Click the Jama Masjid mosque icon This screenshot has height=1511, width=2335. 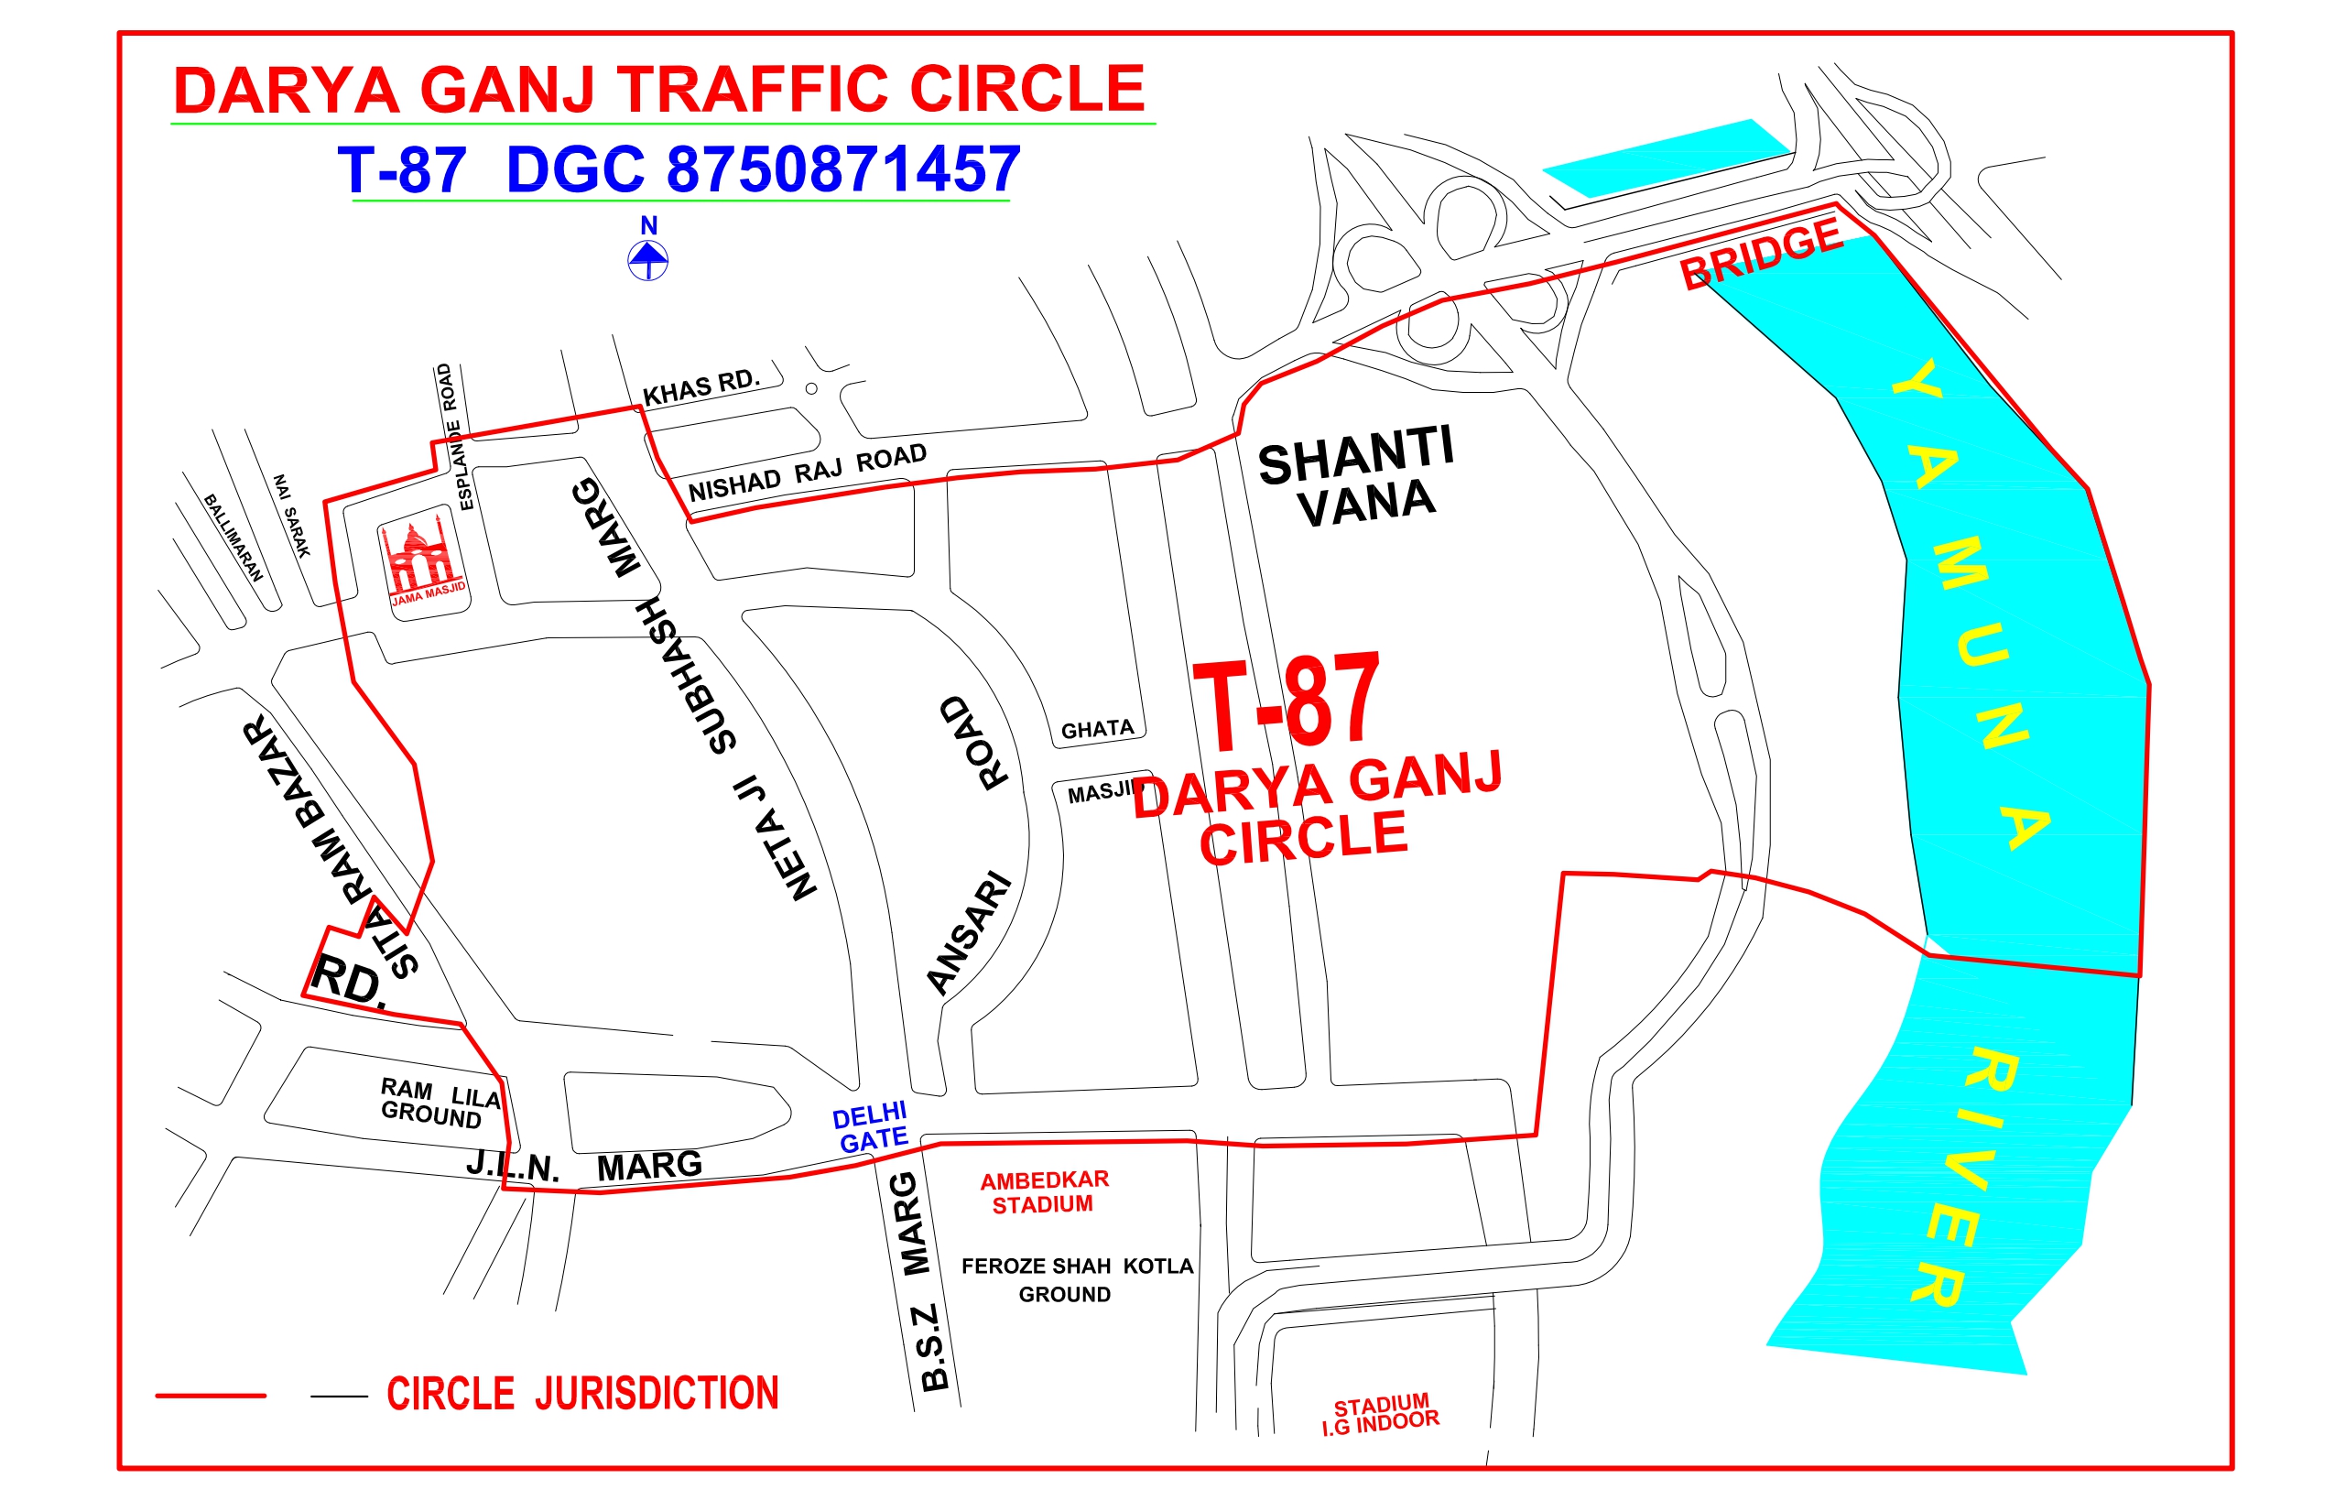(x=423, y=560)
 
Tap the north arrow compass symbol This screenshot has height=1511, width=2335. (x=647, y=259)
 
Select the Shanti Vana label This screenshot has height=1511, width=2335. (x=1357, y=478)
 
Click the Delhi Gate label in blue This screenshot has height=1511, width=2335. (x=870, y=1127)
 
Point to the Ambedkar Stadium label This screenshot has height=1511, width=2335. (x=1044, y=1192)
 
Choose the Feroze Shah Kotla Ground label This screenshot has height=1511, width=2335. (x=1076, y=1279)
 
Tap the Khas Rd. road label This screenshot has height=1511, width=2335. (x=700, y=386)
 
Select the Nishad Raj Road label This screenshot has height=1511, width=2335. (x=808, y=473)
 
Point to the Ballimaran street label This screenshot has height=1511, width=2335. (x=233, y=538)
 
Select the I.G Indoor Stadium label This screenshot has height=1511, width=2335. (x=1381, y=1414)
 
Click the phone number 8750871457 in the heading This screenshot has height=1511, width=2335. (x=843, y=169)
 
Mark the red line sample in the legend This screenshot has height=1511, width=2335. (x=211, y=1396)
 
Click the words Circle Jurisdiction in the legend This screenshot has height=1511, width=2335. (x=582, y=1394)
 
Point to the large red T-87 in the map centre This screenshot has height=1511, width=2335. (x=1287, y=702)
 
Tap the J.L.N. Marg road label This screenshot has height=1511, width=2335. (x=584, y=1167)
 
